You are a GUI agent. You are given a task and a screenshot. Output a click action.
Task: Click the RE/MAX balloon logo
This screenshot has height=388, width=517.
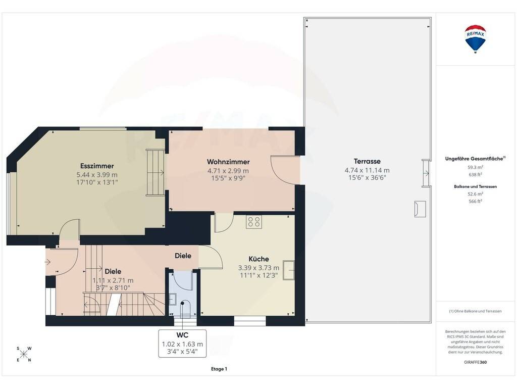point(475,39)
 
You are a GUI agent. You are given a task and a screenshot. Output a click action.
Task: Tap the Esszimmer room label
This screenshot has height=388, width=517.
point(97,166)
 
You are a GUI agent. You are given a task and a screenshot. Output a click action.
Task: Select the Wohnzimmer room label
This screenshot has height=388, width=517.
point(228,162)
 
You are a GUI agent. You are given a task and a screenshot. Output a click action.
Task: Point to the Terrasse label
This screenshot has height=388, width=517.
point(367,161)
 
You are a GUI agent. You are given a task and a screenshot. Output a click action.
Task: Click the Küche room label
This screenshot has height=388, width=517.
point(258,259)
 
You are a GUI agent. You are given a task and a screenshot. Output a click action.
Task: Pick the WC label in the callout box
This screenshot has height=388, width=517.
point(182,335)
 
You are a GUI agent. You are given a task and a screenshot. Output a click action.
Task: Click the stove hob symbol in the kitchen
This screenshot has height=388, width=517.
point(254,222)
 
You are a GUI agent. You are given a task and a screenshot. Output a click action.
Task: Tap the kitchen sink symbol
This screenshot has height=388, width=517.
point(289,270)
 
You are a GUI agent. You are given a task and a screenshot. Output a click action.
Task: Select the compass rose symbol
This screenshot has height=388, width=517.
point(24,354)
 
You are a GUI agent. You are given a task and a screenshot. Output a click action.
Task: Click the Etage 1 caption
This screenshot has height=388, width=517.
point(219,369)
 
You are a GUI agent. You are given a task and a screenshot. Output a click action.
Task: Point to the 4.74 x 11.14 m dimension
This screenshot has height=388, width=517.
point(367,170)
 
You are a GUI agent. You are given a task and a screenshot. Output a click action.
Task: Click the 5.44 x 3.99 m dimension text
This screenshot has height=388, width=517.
point(97,175)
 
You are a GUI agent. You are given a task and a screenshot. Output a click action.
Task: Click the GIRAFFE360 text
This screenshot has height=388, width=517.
point(475,362)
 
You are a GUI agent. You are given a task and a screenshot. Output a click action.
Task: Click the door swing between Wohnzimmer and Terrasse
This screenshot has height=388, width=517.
point(285,170)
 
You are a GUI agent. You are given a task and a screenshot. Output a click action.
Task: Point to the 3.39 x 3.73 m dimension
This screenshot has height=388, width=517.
point(258,268)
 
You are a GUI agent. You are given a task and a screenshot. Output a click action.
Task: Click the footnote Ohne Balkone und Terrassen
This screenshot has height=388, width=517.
point(475,311)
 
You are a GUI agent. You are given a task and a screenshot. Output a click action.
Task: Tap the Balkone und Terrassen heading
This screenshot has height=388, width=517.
point(475,186)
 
